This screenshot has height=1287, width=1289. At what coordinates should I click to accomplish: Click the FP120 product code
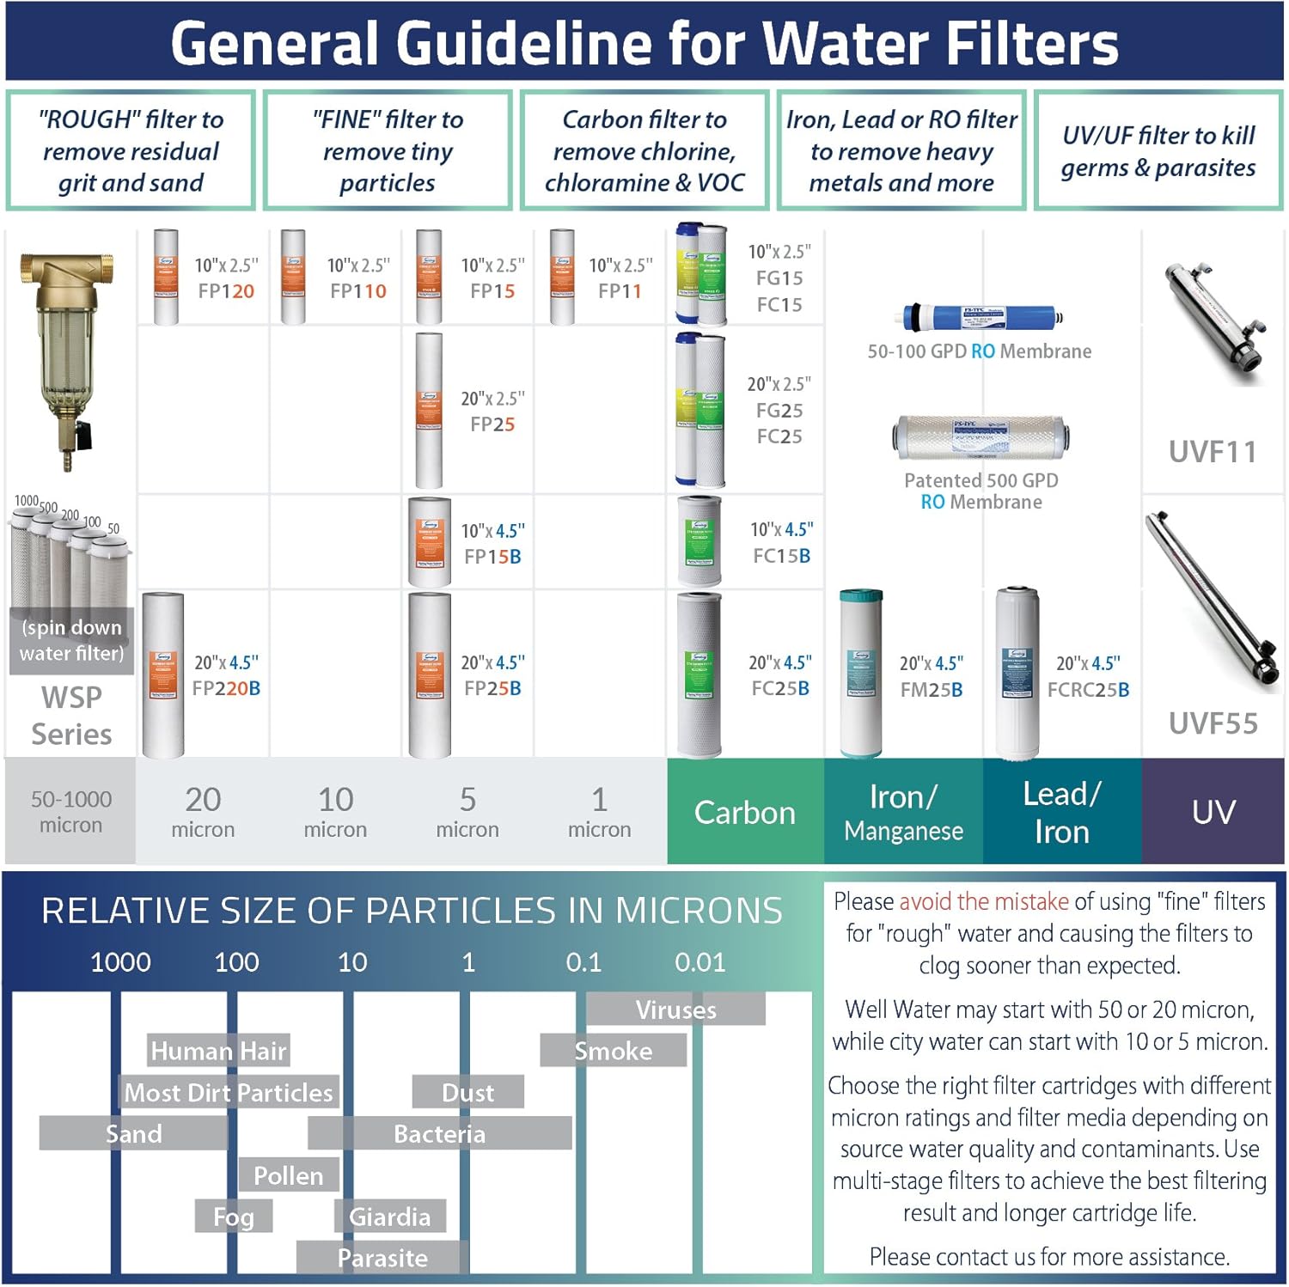pyautogui.click(x=226, y=291)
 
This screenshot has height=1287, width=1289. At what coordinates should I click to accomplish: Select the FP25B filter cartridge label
pyautogui.click(x=492, y=688)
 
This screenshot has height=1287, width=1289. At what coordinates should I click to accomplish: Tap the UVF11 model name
pyautogui.click(x=1213, y=452)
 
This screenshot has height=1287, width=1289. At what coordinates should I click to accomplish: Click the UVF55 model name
pyautogui.click(x=1213, y=723)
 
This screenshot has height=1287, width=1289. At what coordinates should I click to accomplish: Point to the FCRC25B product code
pyautogui.click(x=1088, y=689)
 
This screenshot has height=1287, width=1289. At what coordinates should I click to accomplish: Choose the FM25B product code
pyautogui.click(x=932, y=689)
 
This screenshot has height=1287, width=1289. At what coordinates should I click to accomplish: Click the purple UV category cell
pyautogui.click(x=1213, y=812)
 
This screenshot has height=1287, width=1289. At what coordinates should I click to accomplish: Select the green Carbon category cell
pyautogui.click(x=745, y=812)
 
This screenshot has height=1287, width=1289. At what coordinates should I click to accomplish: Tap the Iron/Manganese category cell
pyautogui.click(x=903, y=812)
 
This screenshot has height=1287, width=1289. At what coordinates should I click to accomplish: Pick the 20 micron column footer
pyautogui.click(x=203, y=812)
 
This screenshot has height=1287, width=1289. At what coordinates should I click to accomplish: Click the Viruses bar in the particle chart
pyautogui.click(x=675, y=1009)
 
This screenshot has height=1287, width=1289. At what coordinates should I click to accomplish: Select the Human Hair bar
pyautogui.click(x=217, y=1051)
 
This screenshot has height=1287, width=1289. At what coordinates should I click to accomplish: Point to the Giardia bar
pyautogui.click(x=389, y=1217)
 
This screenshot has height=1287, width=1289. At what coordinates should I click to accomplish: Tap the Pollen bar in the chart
pyautogui.click(x=289, y=1175)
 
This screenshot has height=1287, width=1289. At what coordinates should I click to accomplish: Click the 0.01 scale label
pyautogui.click(x=699, y=962)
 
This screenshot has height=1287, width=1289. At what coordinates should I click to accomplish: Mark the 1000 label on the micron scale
pyautogui.click(x=120, y=962)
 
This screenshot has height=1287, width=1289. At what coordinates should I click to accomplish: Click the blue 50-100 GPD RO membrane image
pyautogui.click(x=980, y=318)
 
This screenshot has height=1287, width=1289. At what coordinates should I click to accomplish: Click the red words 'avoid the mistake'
pyautogui.click(x=983, y=901)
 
